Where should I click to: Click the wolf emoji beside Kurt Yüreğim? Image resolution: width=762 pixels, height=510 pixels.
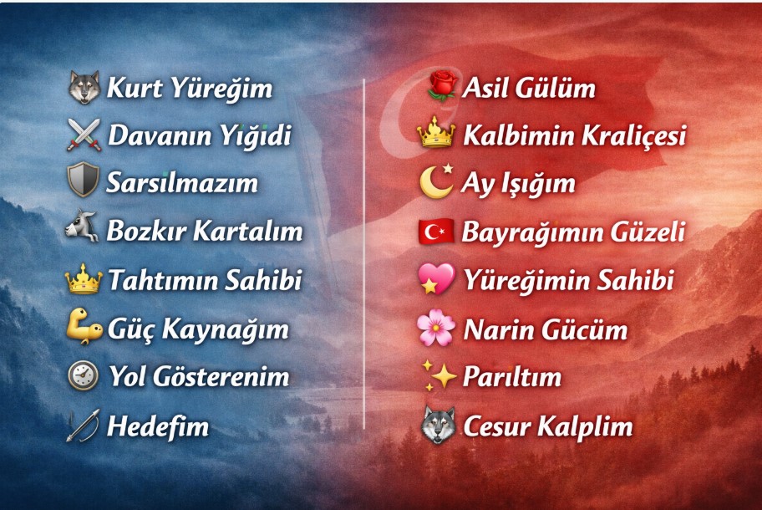[84, 87]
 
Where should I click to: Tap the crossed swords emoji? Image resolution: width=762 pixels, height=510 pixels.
[84, 135]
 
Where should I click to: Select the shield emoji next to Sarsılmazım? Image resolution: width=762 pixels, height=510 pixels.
[84, 181]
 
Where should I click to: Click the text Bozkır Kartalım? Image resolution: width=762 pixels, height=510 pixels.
[204, 231]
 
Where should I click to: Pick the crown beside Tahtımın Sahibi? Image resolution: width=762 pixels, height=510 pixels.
[84, 279]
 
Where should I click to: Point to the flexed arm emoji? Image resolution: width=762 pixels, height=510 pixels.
[84, 328]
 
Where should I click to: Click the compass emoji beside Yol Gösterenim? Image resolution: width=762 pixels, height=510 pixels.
[84, 376]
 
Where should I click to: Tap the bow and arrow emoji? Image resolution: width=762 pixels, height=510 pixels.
[84, 426]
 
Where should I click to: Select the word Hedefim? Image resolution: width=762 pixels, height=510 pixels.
[157, 426]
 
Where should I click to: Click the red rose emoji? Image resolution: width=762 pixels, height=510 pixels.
[439, 86]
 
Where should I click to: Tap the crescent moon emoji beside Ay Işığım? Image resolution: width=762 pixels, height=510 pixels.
[437, 181]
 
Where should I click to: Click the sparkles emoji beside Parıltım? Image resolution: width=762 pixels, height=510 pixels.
[438, 377]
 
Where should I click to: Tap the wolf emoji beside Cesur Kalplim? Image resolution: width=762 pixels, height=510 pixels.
[438, 426]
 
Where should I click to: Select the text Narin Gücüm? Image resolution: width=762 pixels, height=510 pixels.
[545, 329]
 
